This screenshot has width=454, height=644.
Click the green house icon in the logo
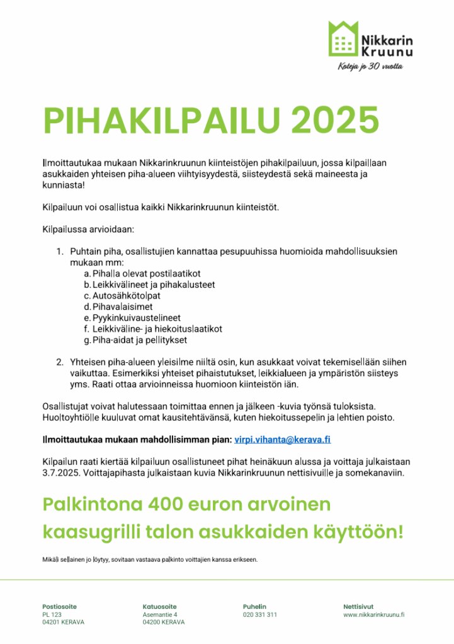pyautogui.click(x=343, y=38)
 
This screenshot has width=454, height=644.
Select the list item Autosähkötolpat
pyautogui.click(x=126, y=296)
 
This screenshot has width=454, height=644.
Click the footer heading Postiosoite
pyautogui.click(x=59, y=606)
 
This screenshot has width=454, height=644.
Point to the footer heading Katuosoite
pyautogui.click(x=159, y=606)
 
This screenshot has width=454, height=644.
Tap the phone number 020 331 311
pyautogui.click(x=259, y=614)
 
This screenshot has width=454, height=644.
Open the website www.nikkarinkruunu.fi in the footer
pyautogui.click(x=373, y=614)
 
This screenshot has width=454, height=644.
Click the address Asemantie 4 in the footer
pyautogui.click(x=160, y=614)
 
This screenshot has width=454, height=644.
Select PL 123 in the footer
pyautogui.click(x=52, y=614)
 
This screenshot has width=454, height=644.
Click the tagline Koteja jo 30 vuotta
pyautogui.click(x=369, y=67)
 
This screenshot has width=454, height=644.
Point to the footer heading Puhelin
pyautogui.click(x=254, y=606)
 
